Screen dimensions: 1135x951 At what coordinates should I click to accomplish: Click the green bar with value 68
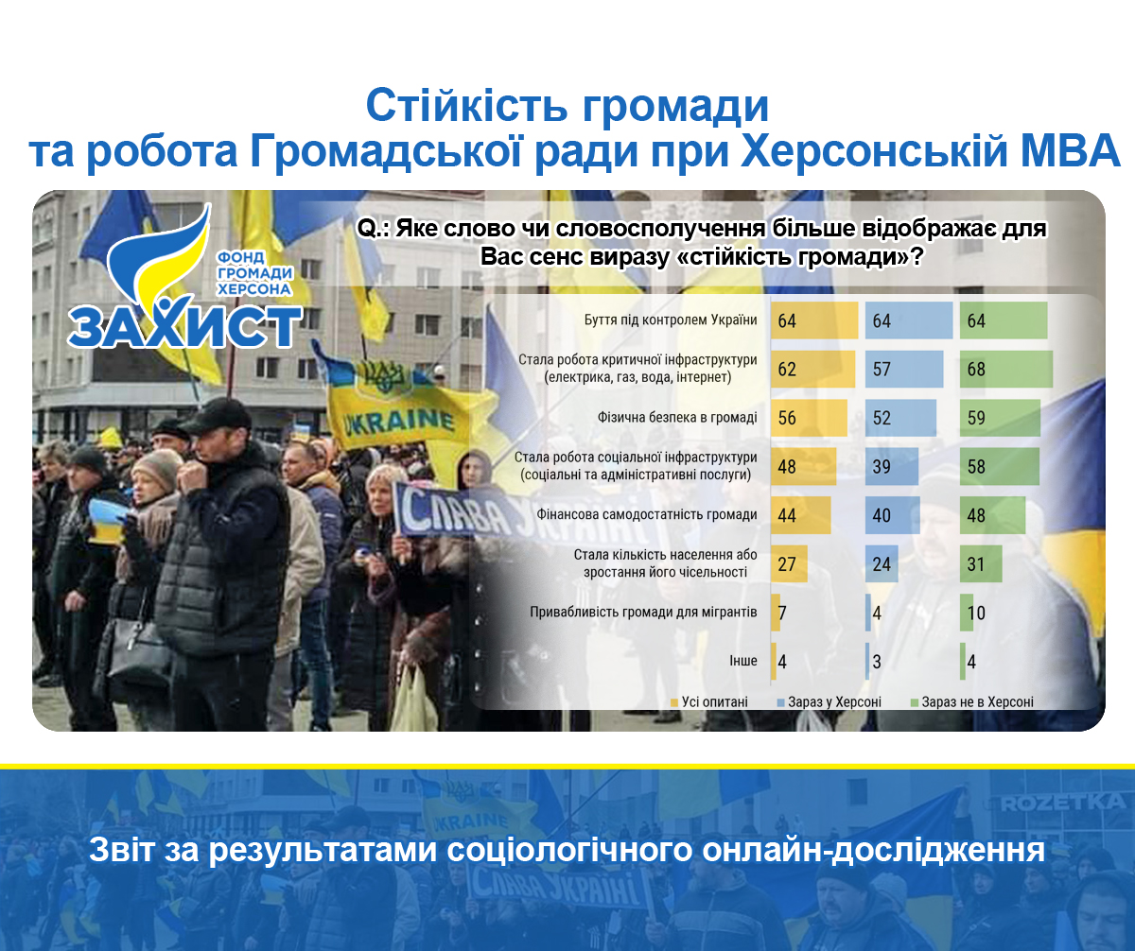click(x=1006, y=369)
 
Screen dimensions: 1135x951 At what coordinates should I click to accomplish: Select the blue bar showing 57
click(x=904, y=369)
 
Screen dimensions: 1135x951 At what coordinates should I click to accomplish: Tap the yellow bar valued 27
click(x=789, y=563)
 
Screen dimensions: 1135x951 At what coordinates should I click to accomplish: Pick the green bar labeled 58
click(x=1000, y=466)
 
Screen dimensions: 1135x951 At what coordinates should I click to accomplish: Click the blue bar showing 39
click(x=892, y=466)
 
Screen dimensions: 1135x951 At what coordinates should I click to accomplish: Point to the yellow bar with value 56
click(x=810, y=418)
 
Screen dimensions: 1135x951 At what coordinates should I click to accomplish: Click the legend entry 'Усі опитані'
click(x=709, y=702)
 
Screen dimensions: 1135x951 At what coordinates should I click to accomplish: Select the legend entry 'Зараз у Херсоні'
click(x=829, y=702)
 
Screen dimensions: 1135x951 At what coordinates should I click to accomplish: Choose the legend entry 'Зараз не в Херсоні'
click(x=972, y=702)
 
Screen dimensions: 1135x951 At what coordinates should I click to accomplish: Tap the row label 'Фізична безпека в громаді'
click(x=677, y=417)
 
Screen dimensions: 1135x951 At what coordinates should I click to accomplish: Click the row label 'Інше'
click(x=743, y=660)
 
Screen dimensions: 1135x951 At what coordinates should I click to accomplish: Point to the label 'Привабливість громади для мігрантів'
click(x=643, y=612)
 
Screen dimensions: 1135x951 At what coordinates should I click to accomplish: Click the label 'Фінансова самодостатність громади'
click(x=647, y=514)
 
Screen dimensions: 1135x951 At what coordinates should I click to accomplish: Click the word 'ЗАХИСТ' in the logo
click(x=184, y=325)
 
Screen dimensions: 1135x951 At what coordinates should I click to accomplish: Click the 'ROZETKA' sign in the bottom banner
click(x=1063, y=802)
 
